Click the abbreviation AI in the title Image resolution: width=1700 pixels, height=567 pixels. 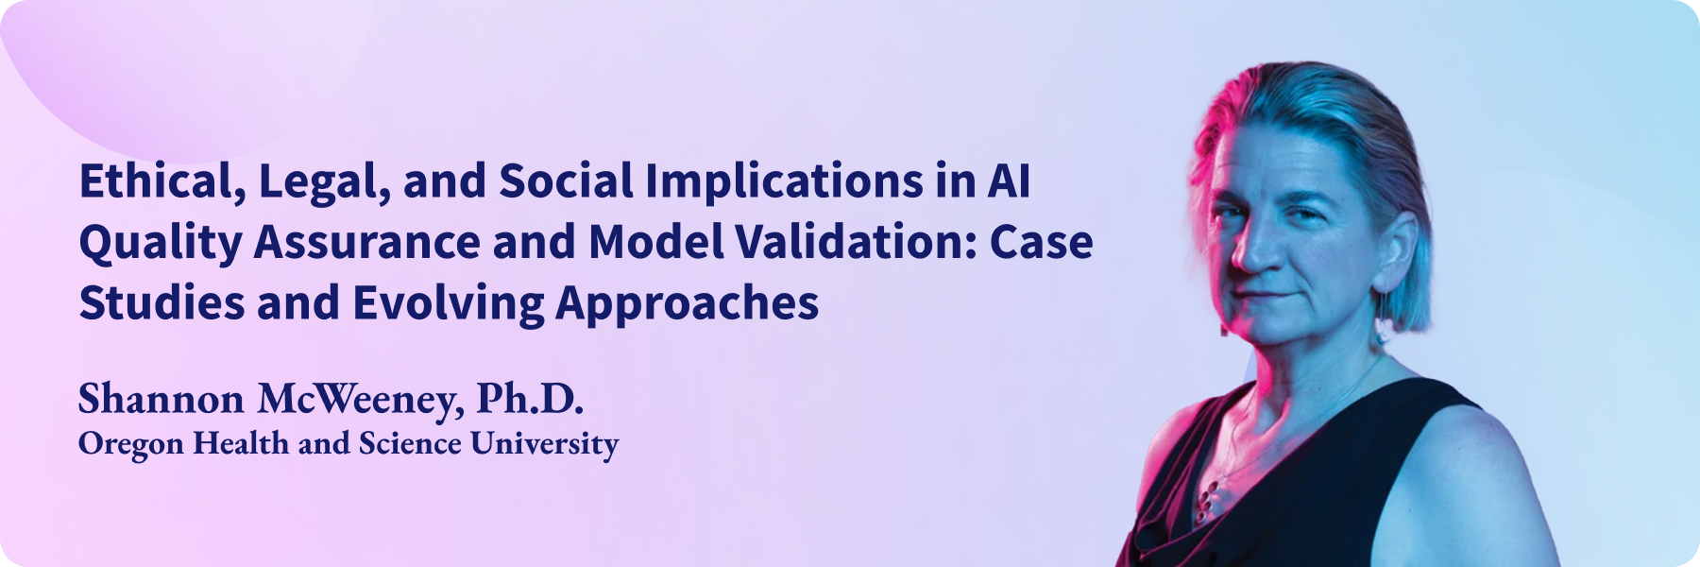(1009, 181)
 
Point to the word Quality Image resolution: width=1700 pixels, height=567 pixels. (161, 244)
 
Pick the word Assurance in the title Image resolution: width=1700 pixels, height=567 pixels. (367, 243)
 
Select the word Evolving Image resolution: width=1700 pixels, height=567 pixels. (449, 304)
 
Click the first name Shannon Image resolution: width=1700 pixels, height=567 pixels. (161, 399)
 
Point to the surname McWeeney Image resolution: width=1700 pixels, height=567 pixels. (361, 401)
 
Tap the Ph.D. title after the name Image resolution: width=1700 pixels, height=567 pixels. (530, 399)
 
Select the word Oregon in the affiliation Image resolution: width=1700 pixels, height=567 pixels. (131, 444)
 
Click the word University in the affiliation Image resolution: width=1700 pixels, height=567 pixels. (545, 444)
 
